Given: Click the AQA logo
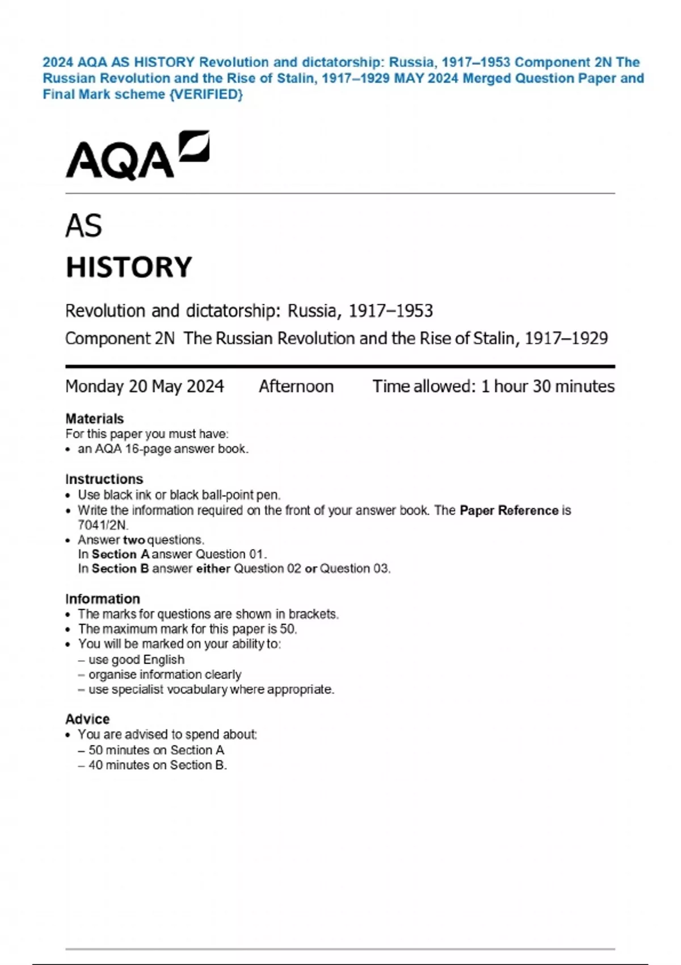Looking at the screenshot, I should [x=137, y=156].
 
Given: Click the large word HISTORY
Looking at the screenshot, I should [x=129, y=267].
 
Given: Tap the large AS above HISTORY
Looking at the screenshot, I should [x=83, y=226].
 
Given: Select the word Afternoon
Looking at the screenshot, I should [x=296, y=387].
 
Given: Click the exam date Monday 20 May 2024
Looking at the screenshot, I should [x=145, y=387].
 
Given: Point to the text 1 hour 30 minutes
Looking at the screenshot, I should [x=548, y=387].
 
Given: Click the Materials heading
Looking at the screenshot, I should [x=94, y=419].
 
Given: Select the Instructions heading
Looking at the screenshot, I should [x=104, y=479].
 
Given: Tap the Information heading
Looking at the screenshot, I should [x=102, y=599].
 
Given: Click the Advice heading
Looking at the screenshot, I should [x=87, y=719].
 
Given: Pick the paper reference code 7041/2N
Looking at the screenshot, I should [x=103, y=525].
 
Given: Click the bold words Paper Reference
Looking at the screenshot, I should [x=508, y=510].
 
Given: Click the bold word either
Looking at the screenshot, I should [x=213, y=569].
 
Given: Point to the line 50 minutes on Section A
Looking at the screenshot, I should [x=156, y=750].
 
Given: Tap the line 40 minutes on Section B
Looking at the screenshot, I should [x=157, y=765].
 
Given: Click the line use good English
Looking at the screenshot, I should [x=136, y=660].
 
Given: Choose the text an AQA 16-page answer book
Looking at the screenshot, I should [x=163, y=449].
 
